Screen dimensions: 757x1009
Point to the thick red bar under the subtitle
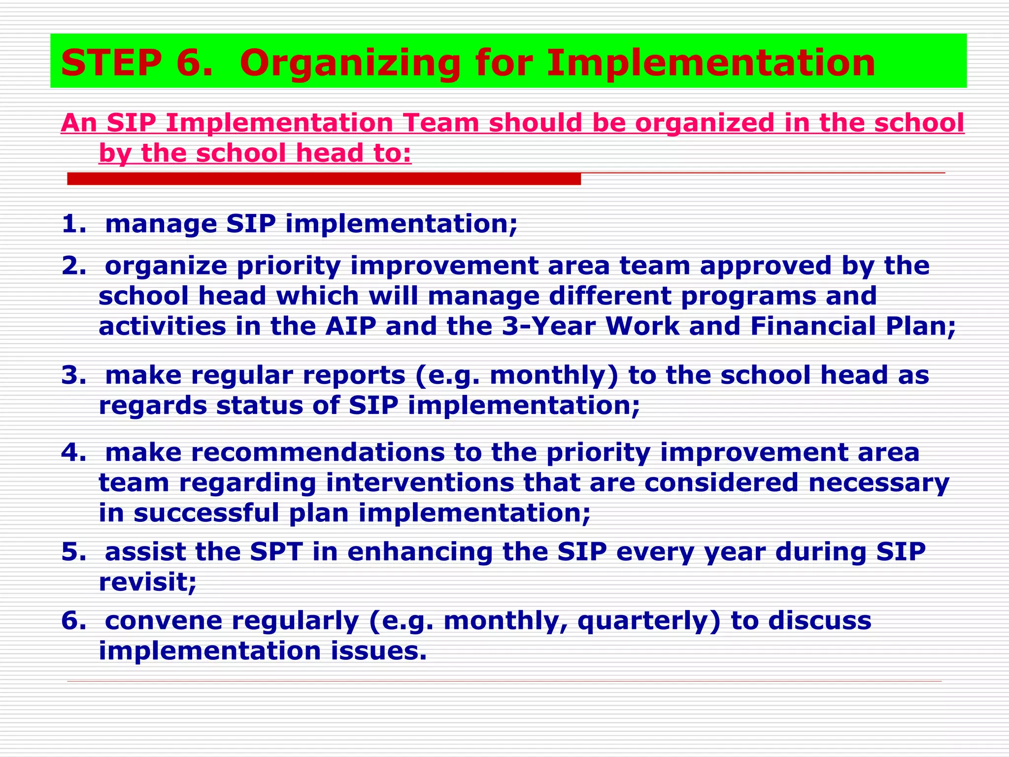(324, 179)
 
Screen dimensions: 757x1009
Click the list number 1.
(73, 224)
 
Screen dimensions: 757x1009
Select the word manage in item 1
(161, 225)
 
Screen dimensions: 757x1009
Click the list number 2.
(73, 266)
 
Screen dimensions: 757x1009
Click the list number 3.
(73, 376)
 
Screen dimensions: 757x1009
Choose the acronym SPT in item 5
(276, 551)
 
